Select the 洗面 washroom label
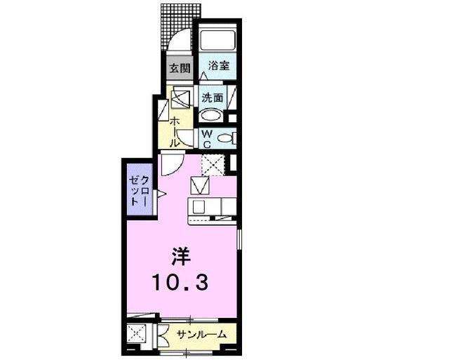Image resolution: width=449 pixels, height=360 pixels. [212, 98]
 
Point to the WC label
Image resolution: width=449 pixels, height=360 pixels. [208, 138]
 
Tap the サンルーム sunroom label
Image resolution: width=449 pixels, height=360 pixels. [201, 335]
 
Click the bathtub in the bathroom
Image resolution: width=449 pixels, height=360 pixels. [217, 41]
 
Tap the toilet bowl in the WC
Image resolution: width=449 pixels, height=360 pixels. [226, 138]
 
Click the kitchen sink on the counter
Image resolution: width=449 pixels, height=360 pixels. [198, 207]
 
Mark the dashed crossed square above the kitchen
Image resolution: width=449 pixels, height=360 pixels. [212, 165]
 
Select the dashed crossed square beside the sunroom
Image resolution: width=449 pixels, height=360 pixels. [136, 334]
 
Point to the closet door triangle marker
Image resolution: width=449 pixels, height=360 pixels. [161, 193]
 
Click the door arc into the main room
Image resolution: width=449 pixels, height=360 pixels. [170, 166]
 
